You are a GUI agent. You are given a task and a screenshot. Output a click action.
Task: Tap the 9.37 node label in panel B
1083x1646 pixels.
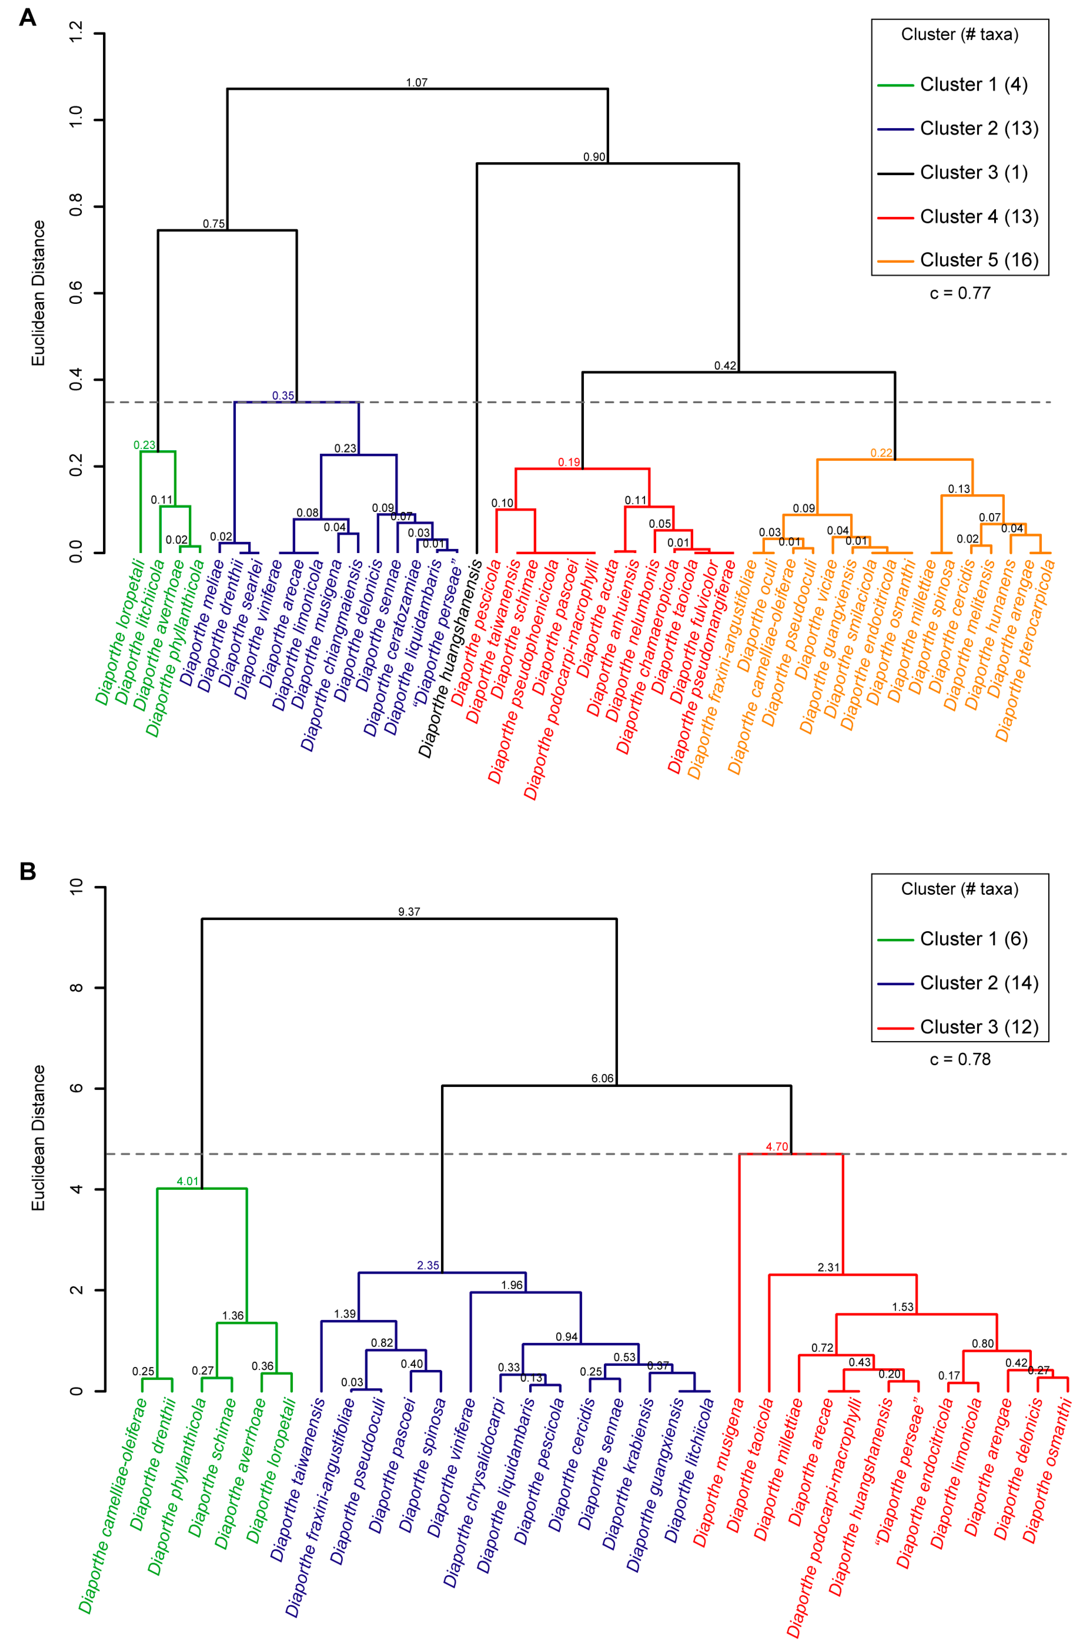(x=409, y=912)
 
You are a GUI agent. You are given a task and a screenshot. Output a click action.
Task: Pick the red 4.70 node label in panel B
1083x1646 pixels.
(x=777, y=1147)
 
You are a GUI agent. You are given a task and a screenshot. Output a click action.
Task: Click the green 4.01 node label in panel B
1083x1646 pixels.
(x=187, y=1181)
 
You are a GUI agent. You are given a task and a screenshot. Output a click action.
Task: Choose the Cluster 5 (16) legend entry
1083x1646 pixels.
(x=979, y=260)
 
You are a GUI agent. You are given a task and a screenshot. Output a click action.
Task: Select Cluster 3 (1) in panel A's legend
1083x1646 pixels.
(x=973, y=172)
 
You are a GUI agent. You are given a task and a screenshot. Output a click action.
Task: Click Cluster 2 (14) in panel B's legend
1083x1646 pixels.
(x=979, y=983)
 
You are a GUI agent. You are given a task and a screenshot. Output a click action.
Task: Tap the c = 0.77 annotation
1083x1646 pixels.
(x=960, y=293)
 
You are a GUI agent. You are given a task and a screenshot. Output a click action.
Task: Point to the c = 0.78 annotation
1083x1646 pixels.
(x=960, y=1059)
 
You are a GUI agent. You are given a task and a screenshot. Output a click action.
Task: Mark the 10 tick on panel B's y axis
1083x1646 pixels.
(x=76, y=887)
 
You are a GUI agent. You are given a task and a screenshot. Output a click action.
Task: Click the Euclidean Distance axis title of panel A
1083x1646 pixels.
(x=39, y=293)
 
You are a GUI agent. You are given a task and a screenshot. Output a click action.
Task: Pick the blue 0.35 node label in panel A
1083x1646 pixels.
(x=283, y=396)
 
